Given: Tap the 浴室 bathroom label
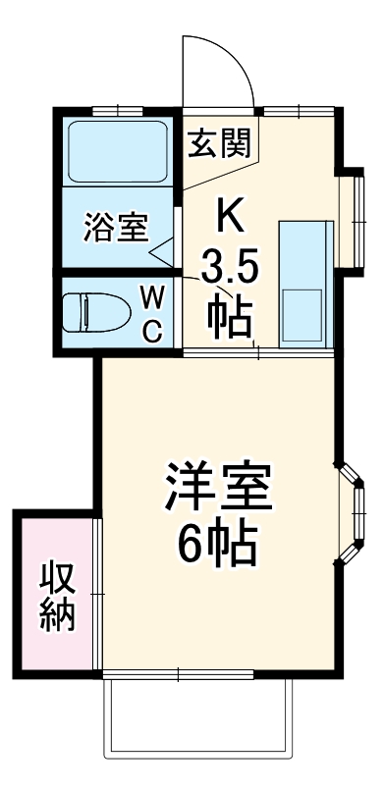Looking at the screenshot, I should pyautogui.click(x=116, y=227).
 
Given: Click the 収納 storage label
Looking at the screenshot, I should pyautogui.click(x=56, y=597).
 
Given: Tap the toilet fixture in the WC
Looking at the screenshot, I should pyautogui.click(x=97, y=314).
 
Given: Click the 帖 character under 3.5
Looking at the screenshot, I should pyautogui.click(x=229, y=315).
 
